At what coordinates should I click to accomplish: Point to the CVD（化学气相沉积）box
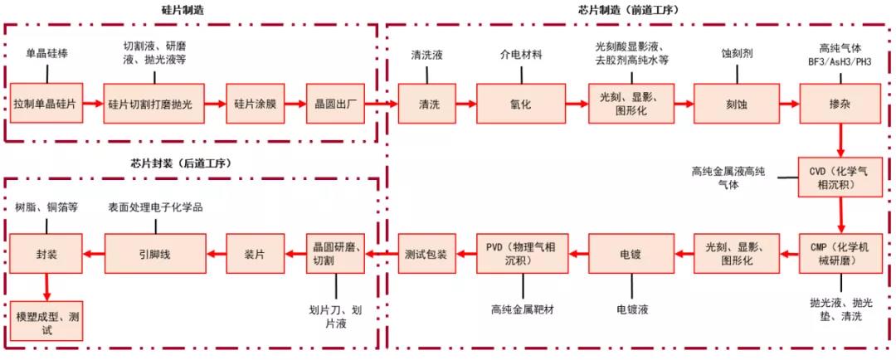[x=840, y=177]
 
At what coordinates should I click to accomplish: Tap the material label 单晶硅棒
[x=46, y=55]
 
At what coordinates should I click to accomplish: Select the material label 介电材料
[x=520, y=55]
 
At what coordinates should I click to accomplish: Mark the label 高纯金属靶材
[x=522, y=309]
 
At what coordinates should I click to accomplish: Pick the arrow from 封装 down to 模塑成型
[x=46, y=287]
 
